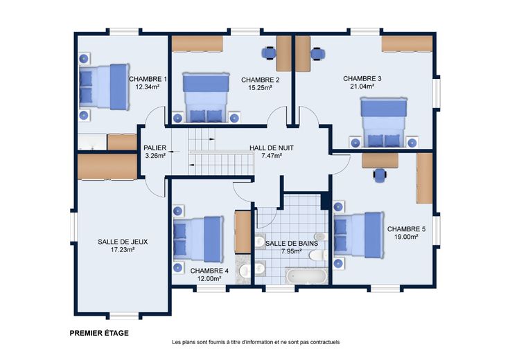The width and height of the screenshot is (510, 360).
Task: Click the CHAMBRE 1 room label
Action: [x=148, y=79]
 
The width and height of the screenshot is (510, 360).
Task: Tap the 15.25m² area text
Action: [x=261, y=88]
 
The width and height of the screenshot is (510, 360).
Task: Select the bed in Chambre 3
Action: [x=384, y=123]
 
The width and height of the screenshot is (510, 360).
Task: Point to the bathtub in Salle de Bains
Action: [x=306, y=276]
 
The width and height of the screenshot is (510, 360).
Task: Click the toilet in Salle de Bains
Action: [x=319, y=255]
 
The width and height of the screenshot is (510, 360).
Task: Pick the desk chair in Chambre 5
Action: [x=380, y=175]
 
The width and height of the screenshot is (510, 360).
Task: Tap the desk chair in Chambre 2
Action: [x=269, y=53]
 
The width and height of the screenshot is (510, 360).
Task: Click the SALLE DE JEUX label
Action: [x=123, y=242]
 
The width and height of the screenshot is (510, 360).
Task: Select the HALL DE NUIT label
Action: [x=272, y=148]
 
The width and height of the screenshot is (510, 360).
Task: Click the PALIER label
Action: [x=155, y=148]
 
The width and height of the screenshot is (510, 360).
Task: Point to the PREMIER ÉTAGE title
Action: [x=99, y=333]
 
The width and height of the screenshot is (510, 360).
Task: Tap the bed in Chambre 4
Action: [x=198, y=239]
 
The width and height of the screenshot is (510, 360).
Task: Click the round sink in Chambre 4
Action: [x=244, y=270]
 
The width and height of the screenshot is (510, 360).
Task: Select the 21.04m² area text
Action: [x=362, y=87]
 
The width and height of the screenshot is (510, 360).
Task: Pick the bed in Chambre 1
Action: [x=104, y=87]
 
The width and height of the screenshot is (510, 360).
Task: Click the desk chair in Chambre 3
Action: [x=317, y=54]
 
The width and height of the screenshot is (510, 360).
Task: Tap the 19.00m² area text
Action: [x=406, y=237]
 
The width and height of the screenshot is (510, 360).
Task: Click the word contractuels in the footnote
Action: [x=324, y=342]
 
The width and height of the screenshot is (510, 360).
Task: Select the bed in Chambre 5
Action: [x=358, y=235]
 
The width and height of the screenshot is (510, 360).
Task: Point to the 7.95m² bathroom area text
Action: [x=292, y=251]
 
